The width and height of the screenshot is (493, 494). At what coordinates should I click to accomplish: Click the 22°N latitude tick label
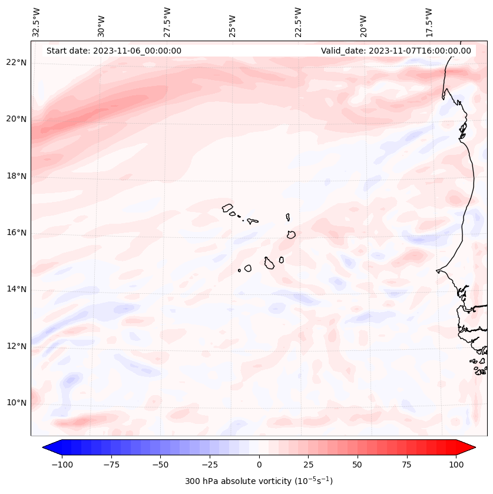(x=16, y=63)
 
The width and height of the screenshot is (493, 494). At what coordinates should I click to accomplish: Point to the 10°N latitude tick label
(x=16, y=403)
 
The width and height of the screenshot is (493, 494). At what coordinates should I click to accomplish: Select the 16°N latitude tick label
(x=16, y=233)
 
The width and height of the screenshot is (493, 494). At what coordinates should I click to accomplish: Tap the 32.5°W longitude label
(x=37, y=22)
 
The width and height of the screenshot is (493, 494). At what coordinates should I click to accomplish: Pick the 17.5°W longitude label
(x=429, y=22)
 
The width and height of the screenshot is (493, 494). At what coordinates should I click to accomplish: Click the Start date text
(x=114, y=51)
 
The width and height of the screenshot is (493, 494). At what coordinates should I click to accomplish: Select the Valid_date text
(x=396, y=51)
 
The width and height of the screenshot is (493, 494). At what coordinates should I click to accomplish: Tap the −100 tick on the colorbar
(x=62, y=465)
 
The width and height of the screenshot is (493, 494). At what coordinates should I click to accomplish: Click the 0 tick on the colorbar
(x=259, y=465)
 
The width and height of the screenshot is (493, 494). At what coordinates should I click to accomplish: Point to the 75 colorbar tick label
(x=406, y=465)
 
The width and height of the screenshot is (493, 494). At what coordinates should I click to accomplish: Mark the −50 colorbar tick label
(x=161, y=465)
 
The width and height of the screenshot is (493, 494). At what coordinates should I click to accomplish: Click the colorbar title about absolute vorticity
(x=259, y=481)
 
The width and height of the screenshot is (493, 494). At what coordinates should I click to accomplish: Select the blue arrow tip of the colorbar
(x=47, y=448)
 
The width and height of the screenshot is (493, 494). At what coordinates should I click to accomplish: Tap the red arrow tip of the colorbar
(x=471, y=448)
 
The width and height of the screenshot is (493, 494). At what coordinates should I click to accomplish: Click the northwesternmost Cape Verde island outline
(x=227, y=208)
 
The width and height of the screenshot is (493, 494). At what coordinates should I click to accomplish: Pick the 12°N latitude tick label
(x=16, y=346)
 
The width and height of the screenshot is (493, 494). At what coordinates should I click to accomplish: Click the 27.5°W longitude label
(x=167, y=22)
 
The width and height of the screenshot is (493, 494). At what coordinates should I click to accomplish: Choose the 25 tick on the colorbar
(x=308, y=465)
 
